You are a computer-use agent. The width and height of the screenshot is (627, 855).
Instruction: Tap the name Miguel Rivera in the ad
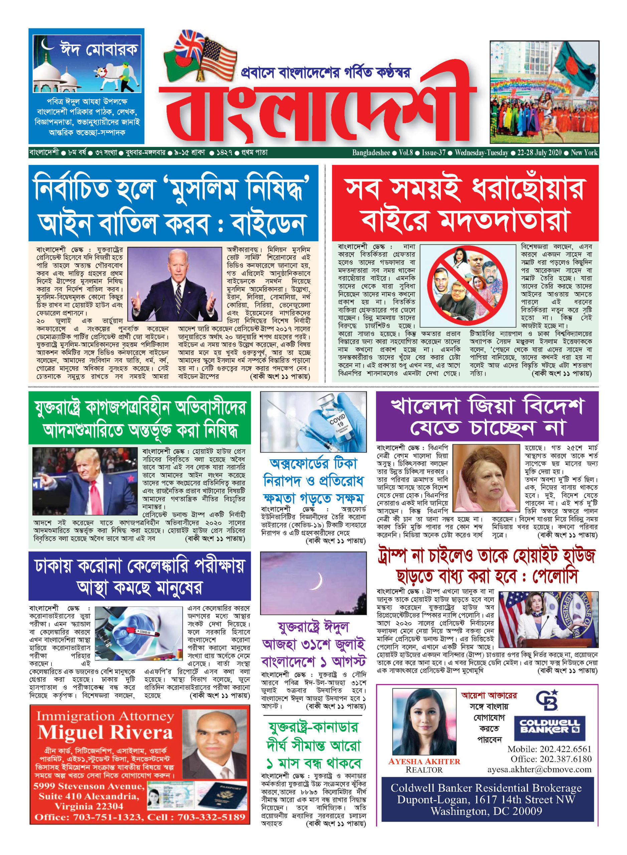click(105, 732)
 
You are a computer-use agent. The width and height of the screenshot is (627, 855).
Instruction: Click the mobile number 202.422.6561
click(549, 749)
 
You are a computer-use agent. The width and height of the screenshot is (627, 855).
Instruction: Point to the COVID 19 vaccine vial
click(337, 421)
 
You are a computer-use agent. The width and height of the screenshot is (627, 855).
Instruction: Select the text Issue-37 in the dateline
click(434, 153)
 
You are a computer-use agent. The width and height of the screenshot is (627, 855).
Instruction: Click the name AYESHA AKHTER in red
click(424, 761)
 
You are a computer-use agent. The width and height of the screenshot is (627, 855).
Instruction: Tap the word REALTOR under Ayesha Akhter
click(424, 770)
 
